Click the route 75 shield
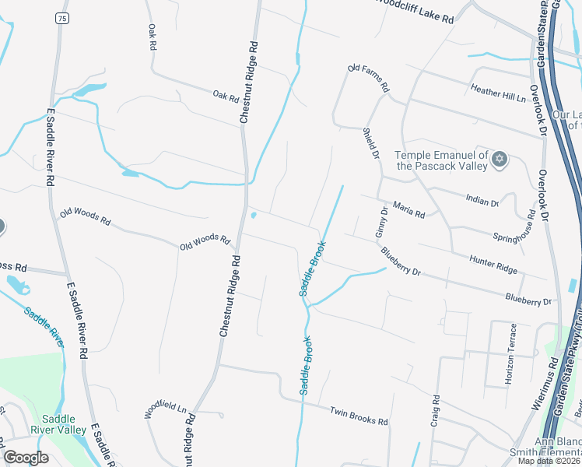pos(61,17)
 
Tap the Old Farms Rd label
pos(368,79)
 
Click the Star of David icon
pos(500,160)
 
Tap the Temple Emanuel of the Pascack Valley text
pos(441,160)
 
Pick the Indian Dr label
pos(482,202)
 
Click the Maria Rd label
pos(409,212)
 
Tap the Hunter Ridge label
pos(493,265)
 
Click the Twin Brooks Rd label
pos(358,416)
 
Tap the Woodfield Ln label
pos(167,410)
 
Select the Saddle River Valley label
pos(58,423)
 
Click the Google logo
pos(26,458)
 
